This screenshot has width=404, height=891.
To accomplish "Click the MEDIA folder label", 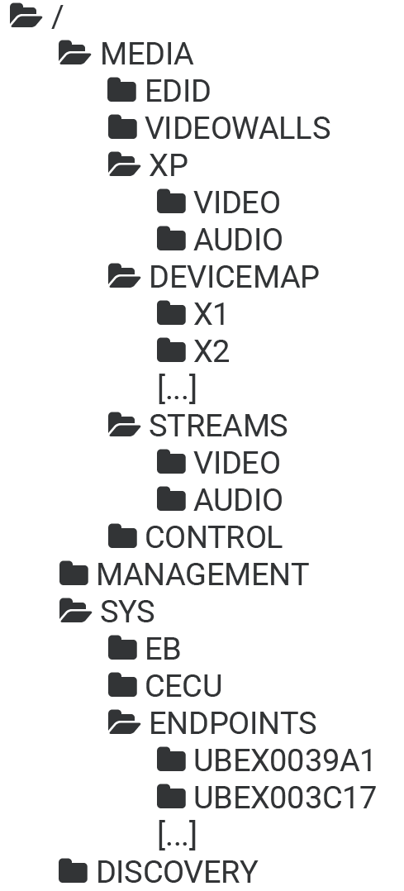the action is (146, 54).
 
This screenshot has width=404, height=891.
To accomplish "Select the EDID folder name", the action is (178, 91).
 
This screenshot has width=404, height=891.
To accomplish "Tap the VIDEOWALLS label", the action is (238, 128).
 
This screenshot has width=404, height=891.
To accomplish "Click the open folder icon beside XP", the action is (124, 164).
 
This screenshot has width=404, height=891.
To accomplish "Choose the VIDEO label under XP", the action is (237, 202).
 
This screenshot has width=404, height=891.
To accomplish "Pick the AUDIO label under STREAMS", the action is (238, 500).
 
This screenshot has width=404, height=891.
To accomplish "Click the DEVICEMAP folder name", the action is (234, 277).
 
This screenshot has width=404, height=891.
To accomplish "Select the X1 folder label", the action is (211, 314).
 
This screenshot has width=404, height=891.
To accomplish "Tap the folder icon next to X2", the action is (171, 350).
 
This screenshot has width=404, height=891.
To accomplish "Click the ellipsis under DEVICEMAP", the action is (178, 388).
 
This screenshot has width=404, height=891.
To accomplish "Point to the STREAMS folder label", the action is (219, 426).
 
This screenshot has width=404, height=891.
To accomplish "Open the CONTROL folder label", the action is (214, 537).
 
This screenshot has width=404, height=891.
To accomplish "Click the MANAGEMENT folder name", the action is (203, 574).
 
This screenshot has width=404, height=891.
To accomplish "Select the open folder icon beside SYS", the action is (75, 611).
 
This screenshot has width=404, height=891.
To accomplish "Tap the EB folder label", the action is (163, 649).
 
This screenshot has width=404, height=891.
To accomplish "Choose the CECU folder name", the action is (183, 686).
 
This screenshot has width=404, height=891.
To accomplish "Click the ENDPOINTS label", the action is (233, 722).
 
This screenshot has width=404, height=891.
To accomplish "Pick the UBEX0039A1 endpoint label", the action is (285, 760).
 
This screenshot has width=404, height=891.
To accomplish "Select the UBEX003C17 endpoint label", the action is (285, 798).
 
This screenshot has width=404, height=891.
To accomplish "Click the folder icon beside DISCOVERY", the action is (74, 871).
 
